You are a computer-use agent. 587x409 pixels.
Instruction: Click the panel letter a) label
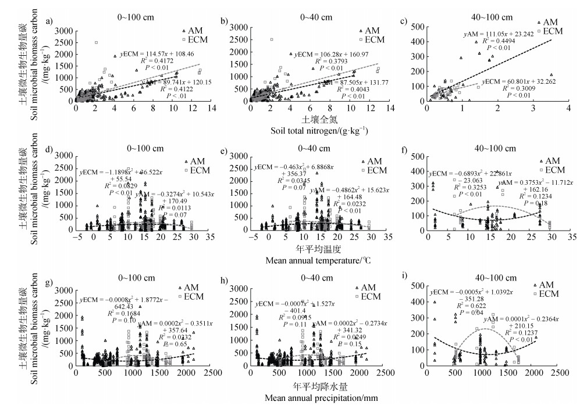[x=50, y=22]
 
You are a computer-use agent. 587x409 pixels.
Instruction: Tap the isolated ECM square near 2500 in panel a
[x=96, y=42]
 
